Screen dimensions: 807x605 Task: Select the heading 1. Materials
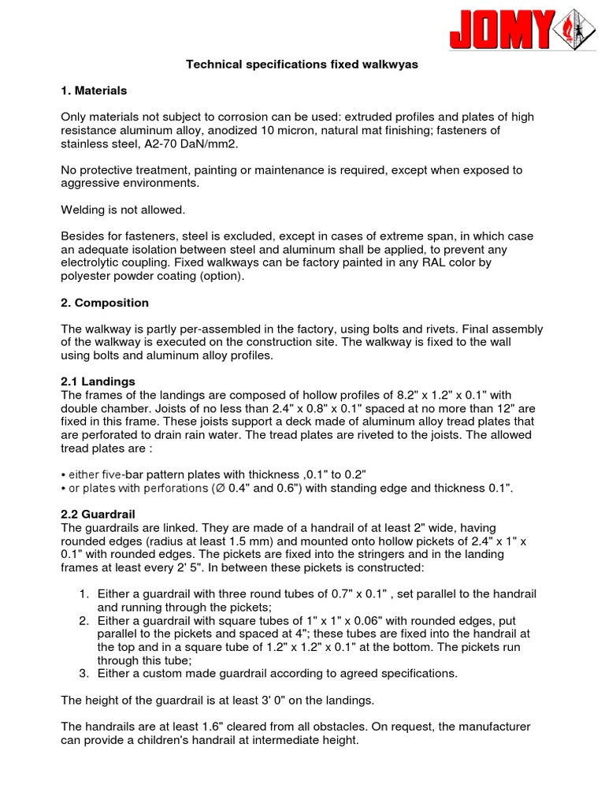point(94,91)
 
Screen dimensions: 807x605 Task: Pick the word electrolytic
point(93,262)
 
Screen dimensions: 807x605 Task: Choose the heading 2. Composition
point(105,303)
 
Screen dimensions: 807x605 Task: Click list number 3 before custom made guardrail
point(84,673)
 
